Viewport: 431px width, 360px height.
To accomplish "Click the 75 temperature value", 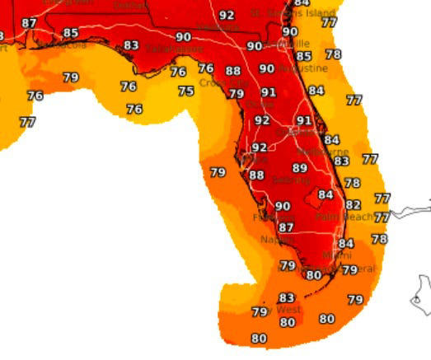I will point(186,91).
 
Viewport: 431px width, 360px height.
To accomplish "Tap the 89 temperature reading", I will point(300,168).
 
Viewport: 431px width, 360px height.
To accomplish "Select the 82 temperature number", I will point(354,205).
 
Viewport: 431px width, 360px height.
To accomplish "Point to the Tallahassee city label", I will point(174,49).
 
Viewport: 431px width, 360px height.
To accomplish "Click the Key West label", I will point(281,309).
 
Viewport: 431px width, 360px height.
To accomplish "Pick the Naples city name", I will point(277,240).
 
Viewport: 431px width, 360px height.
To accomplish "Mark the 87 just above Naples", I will point(286,227).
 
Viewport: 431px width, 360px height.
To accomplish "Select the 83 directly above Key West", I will point(286,297).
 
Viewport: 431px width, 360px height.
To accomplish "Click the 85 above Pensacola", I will point(71,33).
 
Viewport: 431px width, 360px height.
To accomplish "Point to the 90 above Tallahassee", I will point(184,37).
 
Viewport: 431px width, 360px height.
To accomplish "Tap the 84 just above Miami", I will point(346,244).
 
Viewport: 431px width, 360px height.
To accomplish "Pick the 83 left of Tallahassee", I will point(131,45).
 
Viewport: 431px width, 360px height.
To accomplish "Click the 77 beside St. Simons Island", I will point(329,22).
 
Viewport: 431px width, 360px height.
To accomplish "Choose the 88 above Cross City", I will point(233,72).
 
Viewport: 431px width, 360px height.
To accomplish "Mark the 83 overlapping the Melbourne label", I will point(341,161).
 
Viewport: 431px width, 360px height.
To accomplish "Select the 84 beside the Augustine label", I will point(316,91).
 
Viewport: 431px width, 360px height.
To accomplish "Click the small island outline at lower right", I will point(421,296).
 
